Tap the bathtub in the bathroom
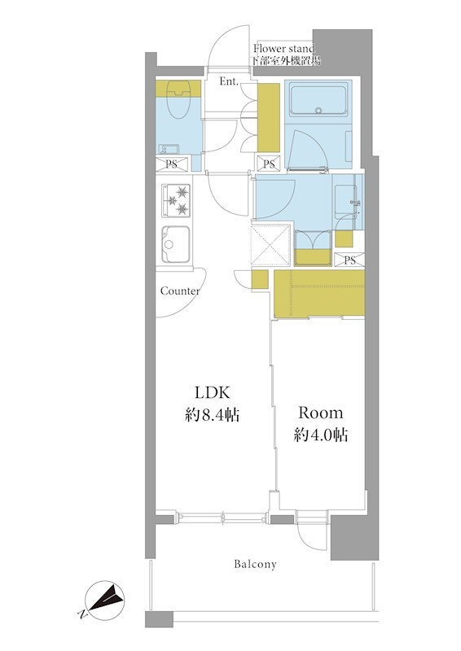[318, 99]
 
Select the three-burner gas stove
[176, 200]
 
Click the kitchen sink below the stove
[176, 244]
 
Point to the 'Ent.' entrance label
[229, 81]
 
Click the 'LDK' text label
[212, 392]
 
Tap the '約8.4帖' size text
[212, 414]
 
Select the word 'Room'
[321, 413]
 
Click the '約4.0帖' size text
[321, 435]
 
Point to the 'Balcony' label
[255, 564]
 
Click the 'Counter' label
[180, 291]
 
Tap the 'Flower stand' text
[284, 48]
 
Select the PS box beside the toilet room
[172, 164]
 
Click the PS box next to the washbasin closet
[349, 260]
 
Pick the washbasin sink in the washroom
[346, 199]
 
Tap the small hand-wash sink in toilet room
[169, 149]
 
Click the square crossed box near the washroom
[270, 245]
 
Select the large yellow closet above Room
[319, 295]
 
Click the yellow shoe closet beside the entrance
[268, 117]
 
